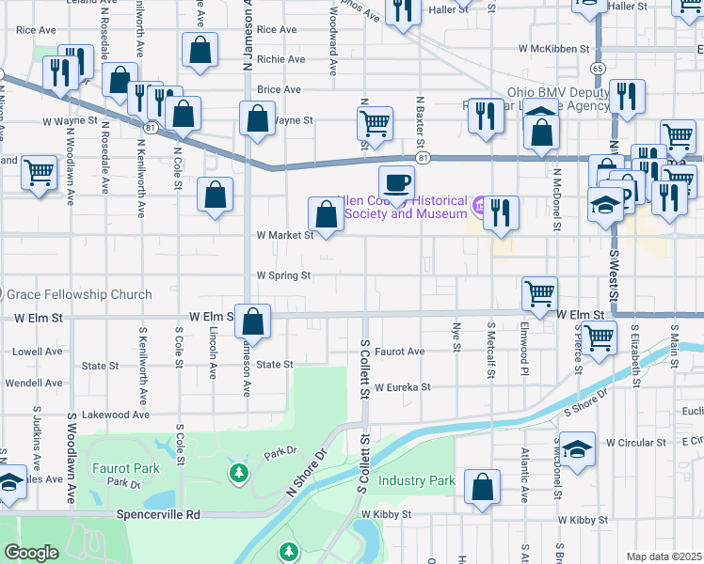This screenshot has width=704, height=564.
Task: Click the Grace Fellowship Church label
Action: [x=79, y=294]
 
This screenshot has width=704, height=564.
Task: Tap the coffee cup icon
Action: [x=396, y=181]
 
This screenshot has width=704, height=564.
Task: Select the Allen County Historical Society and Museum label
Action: [x=406, y=207]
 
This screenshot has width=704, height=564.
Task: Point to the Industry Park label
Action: [x=417, y=480]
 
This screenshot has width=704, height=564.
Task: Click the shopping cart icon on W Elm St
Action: [x=539, y=293]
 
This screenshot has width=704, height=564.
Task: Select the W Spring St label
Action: [x=283, y=275]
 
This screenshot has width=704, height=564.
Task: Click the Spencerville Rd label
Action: [x=159, y=514]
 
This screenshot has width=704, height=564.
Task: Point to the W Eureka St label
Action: [x=402, y=386]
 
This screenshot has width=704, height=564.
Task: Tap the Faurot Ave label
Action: [x=400, y=352]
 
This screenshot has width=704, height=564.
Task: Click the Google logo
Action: [x=31, y=553]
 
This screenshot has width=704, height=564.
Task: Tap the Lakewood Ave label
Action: [x=116, y=414]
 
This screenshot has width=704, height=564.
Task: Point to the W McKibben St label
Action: [x=552, y=48]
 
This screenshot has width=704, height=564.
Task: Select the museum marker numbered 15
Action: [x=478, y=203]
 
